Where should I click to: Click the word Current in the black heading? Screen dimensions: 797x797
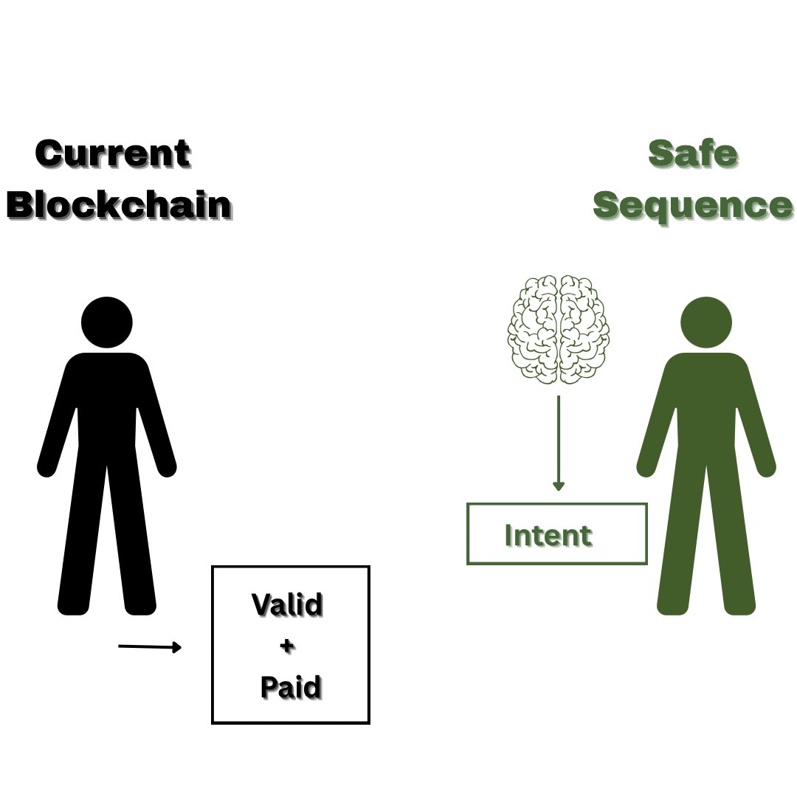pos(112,154)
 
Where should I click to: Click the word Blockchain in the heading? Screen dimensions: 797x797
pos(119,204)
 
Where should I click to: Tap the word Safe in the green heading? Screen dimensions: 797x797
pos(693,153)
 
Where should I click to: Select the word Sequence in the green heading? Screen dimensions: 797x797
pos(693,204)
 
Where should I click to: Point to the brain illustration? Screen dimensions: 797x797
pos(559,329)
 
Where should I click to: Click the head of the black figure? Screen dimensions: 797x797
pos(107,322)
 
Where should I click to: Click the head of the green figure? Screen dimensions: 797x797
pos(706,322)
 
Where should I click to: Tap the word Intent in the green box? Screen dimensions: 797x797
pos(548,535)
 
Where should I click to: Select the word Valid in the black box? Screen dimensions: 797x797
pos(288,604)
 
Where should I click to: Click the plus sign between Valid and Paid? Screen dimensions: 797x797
pos(288,646)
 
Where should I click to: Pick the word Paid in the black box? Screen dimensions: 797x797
pos(291,688)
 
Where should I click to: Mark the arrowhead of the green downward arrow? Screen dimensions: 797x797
pos(559,486)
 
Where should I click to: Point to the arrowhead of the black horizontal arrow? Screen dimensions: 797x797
pos(176,648)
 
